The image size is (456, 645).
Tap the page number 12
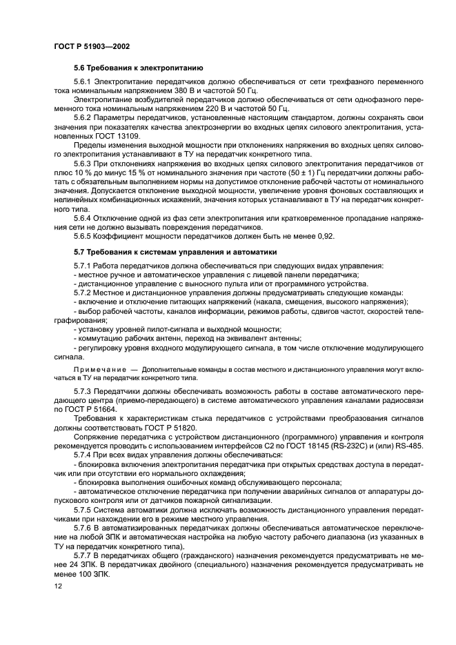[57, 586]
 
